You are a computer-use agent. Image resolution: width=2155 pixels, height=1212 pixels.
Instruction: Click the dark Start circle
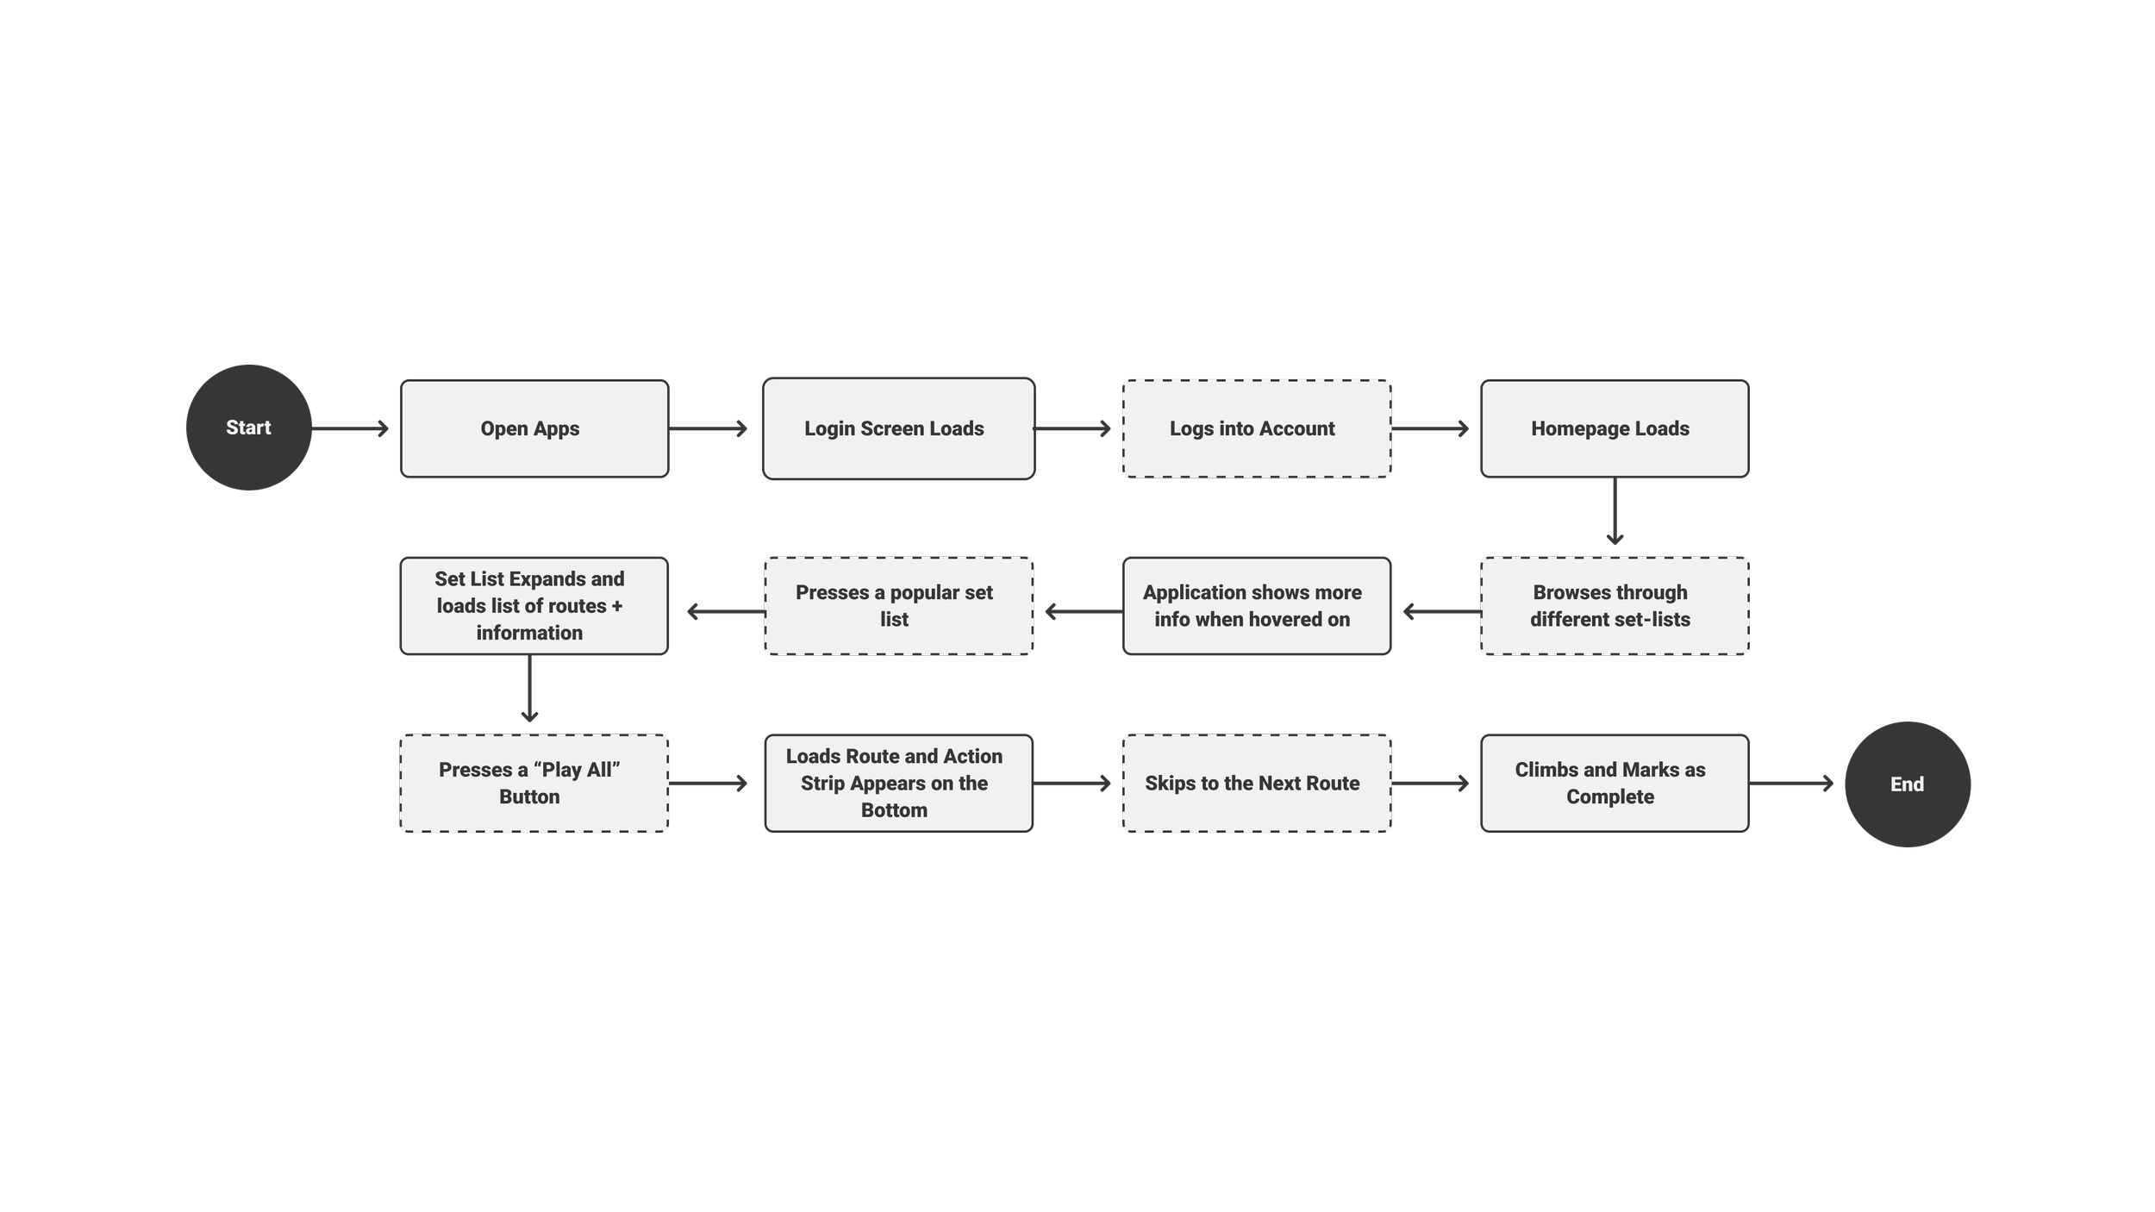click(x=248, y=428)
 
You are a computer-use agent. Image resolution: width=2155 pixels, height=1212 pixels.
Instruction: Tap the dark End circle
click(x=1907, y=784)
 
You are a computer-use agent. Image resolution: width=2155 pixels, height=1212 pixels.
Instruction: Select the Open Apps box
click(x=534, y=428)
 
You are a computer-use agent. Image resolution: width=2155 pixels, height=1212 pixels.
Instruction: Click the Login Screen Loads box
click(x=898, y=428)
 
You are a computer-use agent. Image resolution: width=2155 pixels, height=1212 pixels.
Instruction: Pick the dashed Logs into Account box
click(x=1256, y=428)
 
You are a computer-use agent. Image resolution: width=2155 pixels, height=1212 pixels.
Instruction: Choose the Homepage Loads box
click(x=1614, y=428)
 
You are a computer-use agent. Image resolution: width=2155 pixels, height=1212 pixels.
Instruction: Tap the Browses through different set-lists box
click(x=1614, y=606)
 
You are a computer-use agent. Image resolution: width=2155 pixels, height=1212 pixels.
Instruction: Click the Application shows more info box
click(x=1256, y=606)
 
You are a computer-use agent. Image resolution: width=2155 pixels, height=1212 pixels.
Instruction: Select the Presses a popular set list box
click(x=898, y=606)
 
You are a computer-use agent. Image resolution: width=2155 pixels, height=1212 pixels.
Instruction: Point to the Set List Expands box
click(x=534, y=606)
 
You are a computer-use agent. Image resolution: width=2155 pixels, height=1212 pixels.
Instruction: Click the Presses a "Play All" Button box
click(x=534, y=784)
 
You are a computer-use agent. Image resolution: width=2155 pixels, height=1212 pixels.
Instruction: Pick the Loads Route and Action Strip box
click(x=898, y=784)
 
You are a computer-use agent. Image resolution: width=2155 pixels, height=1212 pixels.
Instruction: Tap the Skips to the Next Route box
click(x=1256, y=784)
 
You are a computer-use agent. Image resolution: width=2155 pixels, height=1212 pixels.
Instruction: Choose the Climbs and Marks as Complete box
click(x=1614, y=784)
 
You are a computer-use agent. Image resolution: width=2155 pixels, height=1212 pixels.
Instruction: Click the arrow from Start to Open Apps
click(x=350, y=428)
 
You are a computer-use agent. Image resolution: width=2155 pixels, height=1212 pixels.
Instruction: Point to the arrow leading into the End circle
click(x=1791, y=784)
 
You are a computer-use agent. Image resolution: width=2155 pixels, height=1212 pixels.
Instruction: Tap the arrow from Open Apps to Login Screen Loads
click(x=708, y=428)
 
